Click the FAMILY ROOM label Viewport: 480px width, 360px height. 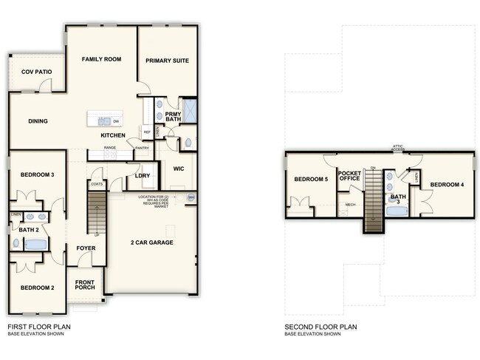click(x=102, y=59)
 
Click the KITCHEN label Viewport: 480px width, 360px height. click(x=113, y=135)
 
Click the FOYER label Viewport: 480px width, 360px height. click(x=86, y=248)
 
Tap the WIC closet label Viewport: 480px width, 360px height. click(x=178, y=169)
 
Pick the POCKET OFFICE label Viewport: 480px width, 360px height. click(x=349, y=176)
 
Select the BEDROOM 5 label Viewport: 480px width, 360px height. click(x=310, y=180)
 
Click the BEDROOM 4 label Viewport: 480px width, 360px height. click(x=447, y=184)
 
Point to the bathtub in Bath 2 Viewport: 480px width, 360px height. click(x=35, y=243)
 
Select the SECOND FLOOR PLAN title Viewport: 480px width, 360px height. click(x=321, y=326)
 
